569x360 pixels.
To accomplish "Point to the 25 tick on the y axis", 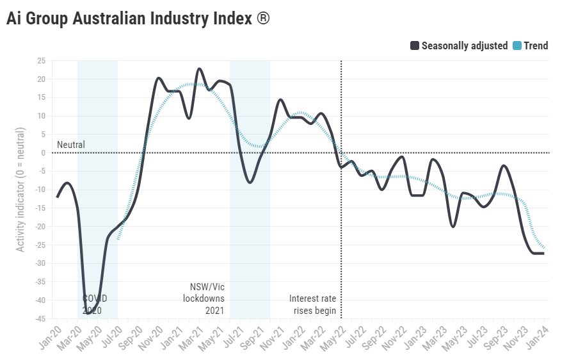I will (41, 61).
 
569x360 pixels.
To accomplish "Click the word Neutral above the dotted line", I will (70, 145).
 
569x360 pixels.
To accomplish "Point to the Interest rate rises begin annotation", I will (312, 304).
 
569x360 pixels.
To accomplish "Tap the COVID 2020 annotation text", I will (95, 304).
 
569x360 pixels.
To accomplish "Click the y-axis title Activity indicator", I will (21, 190).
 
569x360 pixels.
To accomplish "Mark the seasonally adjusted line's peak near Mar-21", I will (199, 69).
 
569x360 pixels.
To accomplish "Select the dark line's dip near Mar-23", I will (453, 227).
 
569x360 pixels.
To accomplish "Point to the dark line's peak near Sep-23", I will (504, 166).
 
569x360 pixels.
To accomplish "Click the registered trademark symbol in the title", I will (263, 19).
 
